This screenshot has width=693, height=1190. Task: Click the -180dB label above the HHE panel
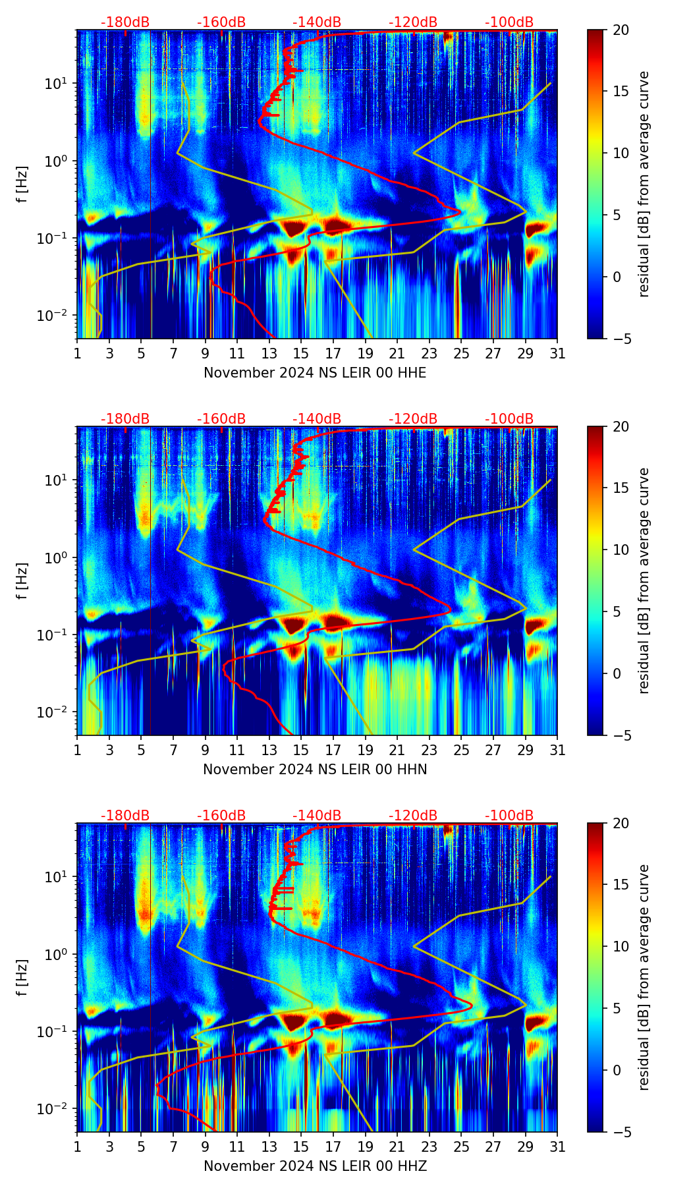pos(125,22)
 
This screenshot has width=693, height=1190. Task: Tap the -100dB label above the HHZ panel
pos(509,816)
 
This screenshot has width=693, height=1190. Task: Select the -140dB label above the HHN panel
pos(317,419)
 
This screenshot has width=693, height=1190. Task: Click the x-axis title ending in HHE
pos(315,373)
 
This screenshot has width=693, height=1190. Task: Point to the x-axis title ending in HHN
pos(315,770)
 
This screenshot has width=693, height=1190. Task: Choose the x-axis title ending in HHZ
pos(315,1166)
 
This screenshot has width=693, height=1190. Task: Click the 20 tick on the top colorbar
pos(620,30)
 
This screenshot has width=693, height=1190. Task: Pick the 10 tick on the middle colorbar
pos(620,550)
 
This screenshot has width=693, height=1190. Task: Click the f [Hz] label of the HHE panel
pos(22,184)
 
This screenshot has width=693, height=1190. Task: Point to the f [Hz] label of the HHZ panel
pos(22,978)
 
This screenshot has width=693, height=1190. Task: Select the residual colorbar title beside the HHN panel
pos(644,581)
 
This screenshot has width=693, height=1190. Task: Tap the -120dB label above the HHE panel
pos(413,22)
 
